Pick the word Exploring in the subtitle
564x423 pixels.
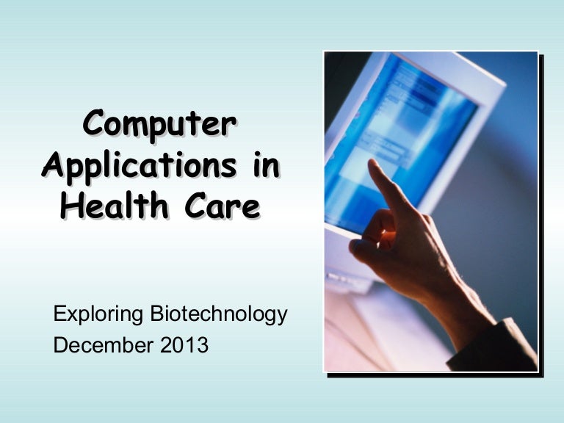[x=98, y=315]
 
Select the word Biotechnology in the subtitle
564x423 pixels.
[x=217, y=315]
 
